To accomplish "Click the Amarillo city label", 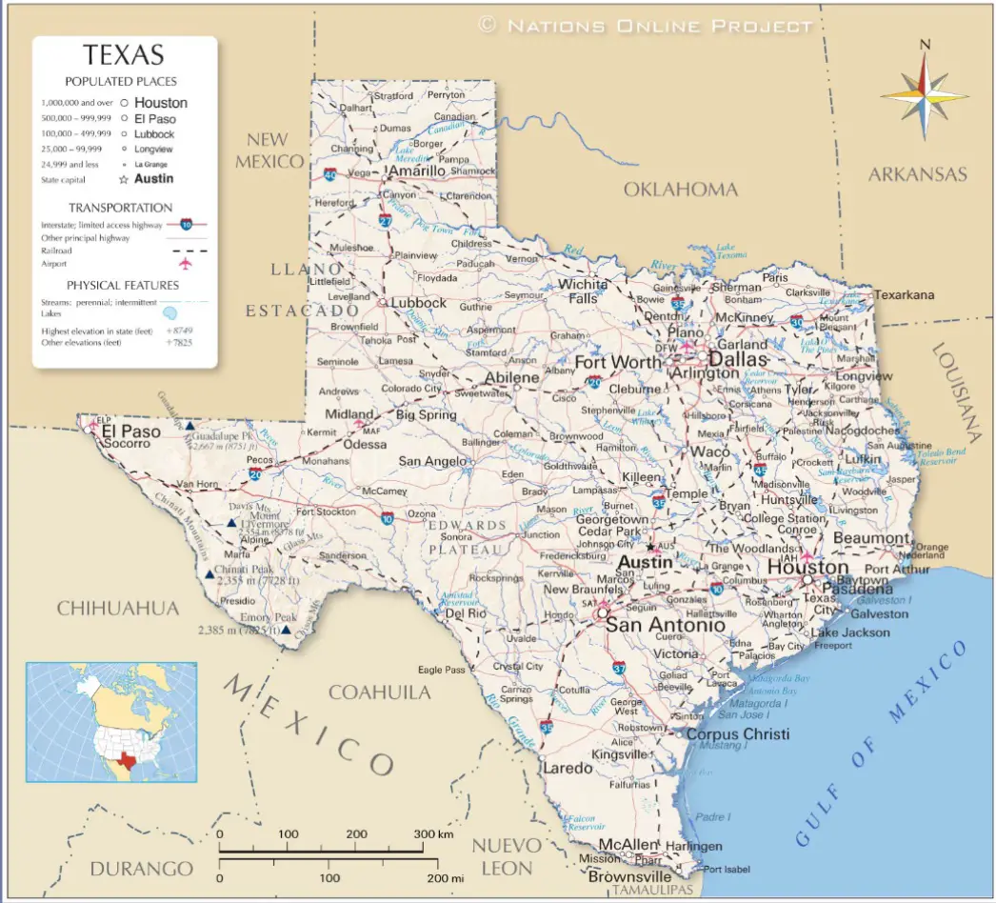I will (x=418, y=171).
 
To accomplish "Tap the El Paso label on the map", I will (x=131, y=431).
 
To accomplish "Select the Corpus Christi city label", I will (x=738, y=734).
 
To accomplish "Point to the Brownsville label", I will (x=629, y=876).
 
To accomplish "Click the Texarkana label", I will (x=905, y=295).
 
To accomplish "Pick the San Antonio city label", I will (x=666, y=626).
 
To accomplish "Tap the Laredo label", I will (x=568, y=768).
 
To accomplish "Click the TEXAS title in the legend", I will (x=123, y=55).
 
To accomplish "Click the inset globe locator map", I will (x=111, y=722).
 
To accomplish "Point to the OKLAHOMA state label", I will (x=680, y=190).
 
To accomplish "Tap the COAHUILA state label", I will (x=379, y=692).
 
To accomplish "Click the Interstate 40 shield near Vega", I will (x=329, y=174).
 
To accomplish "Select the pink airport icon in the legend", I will (x=185, y=263).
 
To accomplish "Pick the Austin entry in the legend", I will (x=154, y=178).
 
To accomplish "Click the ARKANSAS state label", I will (x=917, y=174).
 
